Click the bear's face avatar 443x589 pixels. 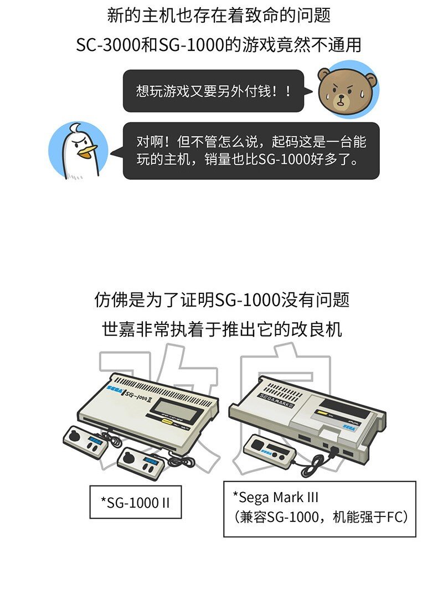pyautogui.click(x=347, y=90)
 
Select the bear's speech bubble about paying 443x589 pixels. pyautogui.click(x=213, y=91)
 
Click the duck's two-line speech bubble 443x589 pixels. pyautogui.click(x=251, y=151)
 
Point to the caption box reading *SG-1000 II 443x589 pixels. pyautogui.click(x=136, y=502)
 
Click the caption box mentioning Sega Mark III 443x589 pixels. pyautogui.click(x=320, y=509)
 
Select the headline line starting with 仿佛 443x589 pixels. pyautogui.click(x=221, y=301)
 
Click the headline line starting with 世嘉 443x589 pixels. pyautogui.click(x=221, y=329)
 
